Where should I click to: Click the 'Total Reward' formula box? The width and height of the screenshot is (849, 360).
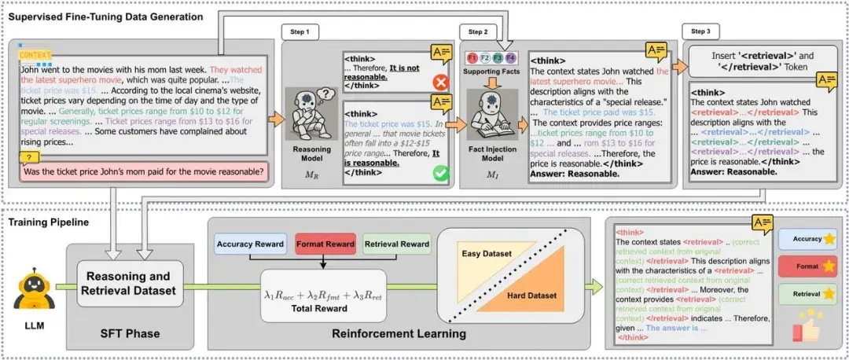pyautogui.click(x=325, y=299)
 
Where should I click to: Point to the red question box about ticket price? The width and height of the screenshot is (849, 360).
pyautogui.click(x=141, y=171)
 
